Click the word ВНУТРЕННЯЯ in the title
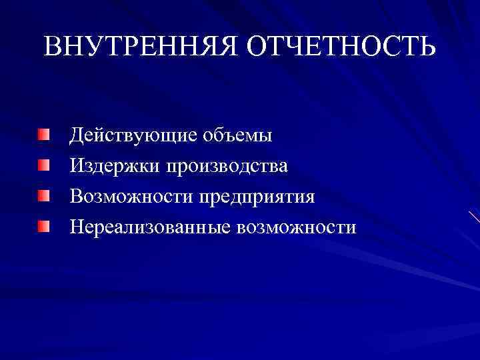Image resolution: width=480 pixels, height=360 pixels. point(141,46)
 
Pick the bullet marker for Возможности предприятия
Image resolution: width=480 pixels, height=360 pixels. point(43,196)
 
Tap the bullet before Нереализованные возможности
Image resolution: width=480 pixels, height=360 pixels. point(43,227)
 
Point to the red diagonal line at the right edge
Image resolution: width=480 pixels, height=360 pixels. point(474,217)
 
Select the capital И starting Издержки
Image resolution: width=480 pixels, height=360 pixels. point(78,165)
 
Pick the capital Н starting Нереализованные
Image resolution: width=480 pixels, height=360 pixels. point(78,227)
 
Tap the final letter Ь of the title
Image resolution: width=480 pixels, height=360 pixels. point(426,46)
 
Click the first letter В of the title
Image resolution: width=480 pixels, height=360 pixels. point(54,46)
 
